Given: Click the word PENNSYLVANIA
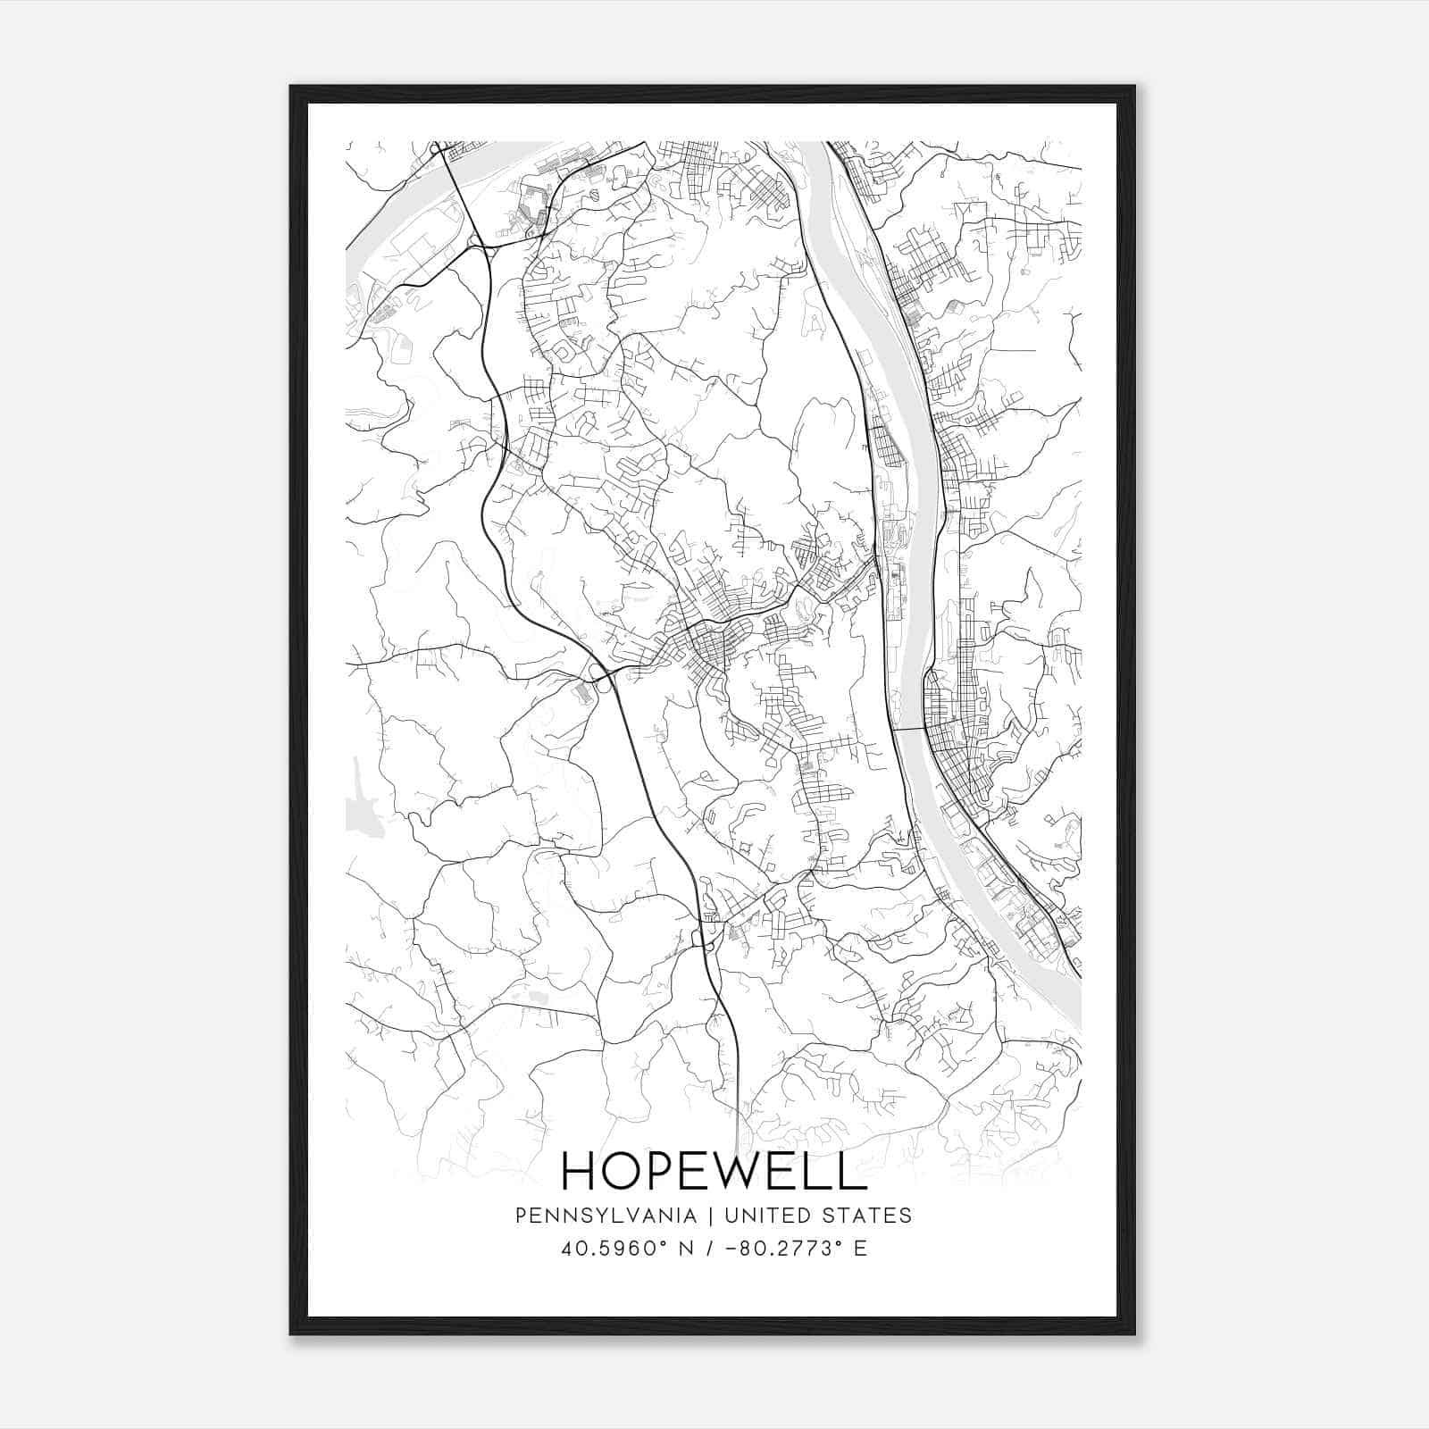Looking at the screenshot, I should [592, 1215].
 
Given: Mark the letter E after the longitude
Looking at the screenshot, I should [860, 1248].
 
